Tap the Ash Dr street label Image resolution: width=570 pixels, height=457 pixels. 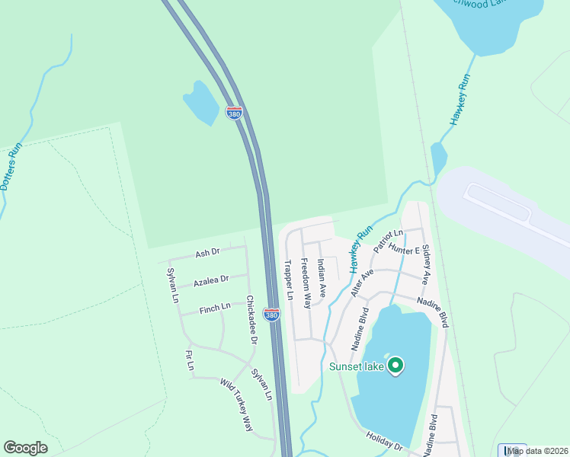point(207,252)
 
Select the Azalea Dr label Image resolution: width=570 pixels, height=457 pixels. point(211,281)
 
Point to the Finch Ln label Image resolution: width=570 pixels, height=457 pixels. point(215,307)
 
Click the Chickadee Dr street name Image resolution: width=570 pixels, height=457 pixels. point(252,320)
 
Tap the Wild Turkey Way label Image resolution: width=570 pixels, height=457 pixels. point(236,405)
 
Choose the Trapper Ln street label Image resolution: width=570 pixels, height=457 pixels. point(289,280)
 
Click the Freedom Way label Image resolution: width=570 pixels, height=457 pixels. point(305,283)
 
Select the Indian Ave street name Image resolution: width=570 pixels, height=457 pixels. point(322,278)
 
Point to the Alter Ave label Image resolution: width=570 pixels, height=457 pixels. point(359,282)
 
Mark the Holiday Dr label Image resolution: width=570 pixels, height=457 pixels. point(383,441)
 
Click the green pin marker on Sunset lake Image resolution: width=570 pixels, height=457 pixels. point(395,366)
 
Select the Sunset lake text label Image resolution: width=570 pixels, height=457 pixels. point(356,366)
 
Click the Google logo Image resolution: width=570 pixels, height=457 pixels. point(25,448)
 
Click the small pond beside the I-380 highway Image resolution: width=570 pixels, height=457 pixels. point(201,102)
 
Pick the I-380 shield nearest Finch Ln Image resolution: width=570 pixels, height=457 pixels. point(271,313)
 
